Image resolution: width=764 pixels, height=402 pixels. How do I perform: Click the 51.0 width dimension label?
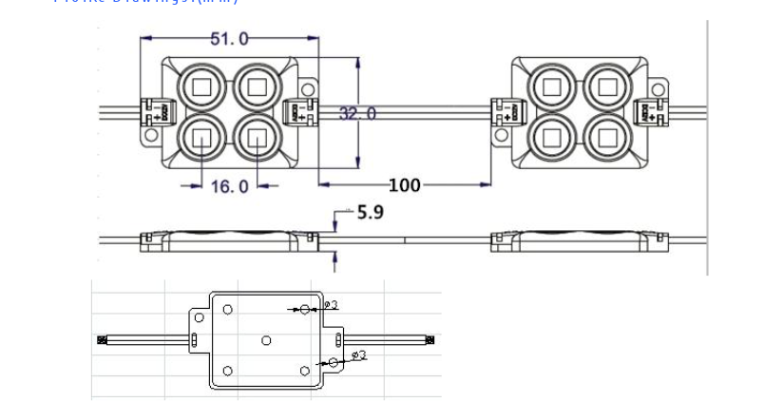[x=229, y=39]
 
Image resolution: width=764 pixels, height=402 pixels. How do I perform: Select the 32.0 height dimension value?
[x=356, y=114]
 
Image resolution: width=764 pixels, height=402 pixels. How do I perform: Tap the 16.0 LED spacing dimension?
[x=229, y=186]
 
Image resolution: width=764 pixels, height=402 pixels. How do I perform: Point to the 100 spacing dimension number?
[x=404, y=184]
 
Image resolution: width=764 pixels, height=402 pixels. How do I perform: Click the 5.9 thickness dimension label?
[x=370, y=213]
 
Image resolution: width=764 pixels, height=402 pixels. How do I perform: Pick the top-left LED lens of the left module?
[x=201, y=87]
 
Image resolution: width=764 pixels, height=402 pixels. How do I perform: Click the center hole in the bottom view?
[x=266, y=340]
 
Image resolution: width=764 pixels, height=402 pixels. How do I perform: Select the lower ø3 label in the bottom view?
[x=358, y=355]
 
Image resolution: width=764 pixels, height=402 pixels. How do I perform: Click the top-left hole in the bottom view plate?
[x=227, y=309]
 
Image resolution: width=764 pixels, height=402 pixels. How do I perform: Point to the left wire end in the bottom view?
[x=102, y=339]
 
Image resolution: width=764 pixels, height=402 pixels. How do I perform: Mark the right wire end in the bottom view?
[x=430, y=339]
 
